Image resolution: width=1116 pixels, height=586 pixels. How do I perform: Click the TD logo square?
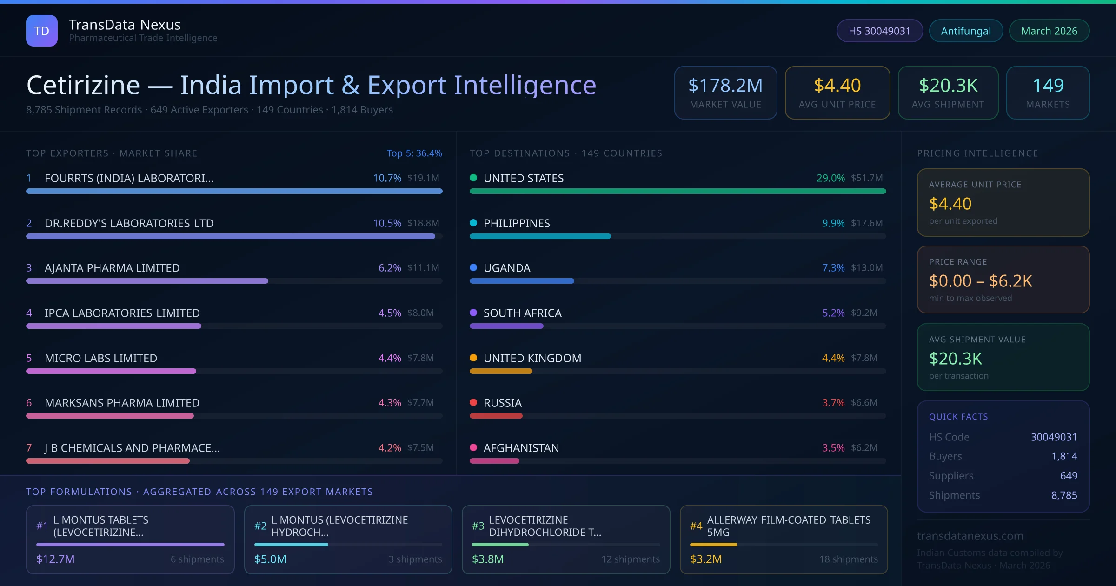[42, 31]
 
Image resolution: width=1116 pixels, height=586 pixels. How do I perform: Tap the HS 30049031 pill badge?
[879, 31]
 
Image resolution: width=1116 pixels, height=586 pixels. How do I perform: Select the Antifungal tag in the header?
[966, 31]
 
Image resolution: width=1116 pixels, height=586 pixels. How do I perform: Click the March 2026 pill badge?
[1049, 31]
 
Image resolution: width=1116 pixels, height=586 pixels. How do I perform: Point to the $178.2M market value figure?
[725, 86]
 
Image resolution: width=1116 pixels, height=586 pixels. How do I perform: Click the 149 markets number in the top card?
[1048, 86]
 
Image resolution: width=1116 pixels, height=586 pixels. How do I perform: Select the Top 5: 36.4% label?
[414, 153]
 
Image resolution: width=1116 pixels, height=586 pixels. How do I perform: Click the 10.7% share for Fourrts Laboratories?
[387, 178]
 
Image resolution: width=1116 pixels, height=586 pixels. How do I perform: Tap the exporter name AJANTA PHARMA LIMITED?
[112, 268]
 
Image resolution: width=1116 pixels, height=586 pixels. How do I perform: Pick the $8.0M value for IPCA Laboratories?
[420, 313]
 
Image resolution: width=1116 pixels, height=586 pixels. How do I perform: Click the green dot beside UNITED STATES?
[473, 178]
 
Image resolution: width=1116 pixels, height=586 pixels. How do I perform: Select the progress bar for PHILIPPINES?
[540, 236]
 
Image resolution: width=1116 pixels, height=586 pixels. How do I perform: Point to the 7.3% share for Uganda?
[833, 268]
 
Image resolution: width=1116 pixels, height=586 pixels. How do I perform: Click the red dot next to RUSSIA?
[473, 402]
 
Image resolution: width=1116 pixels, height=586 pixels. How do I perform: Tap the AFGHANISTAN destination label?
[521, 448]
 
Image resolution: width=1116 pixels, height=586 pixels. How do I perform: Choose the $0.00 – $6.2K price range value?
[980, 281]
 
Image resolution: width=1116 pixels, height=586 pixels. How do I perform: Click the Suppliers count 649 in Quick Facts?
[1069, 476]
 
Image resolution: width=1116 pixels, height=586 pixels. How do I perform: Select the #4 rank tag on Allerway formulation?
[696, 526]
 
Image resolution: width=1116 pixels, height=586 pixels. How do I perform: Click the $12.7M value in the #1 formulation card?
[55, 559]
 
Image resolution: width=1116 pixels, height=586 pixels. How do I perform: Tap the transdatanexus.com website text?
[970, 536]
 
